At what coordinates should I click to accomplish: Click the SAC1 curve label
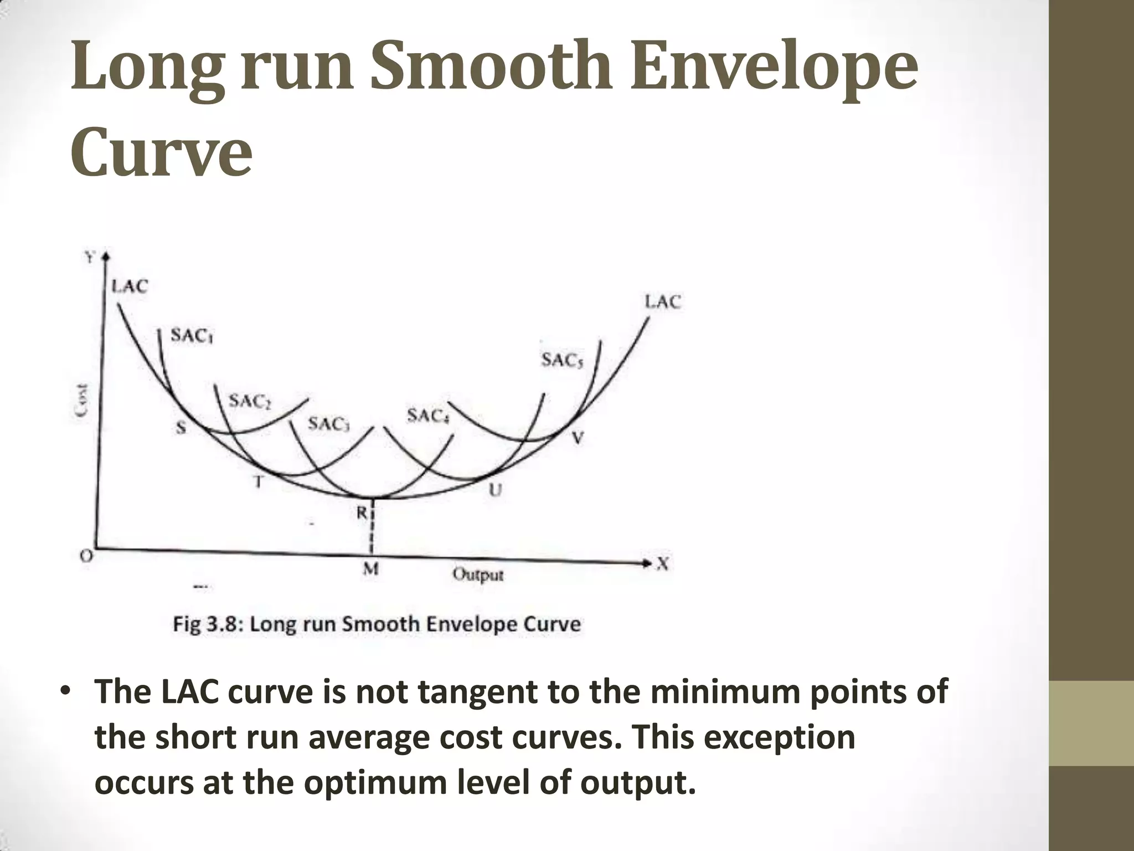coord(192,336)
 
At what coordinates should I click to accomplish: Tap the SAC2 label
coord(250,402)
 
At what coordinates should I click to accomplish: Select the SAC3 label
coord(328,424)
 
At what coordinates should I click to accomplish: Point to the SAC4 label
coord(427,416)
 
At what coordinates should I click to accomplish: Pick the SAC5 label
coord(562,361)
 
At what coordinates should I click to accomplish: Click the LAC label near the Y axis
coord(130,286)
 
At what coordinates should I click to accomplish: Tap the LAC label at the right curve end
coord(663,303)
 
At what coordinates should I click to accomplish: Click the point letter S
coord(181,427)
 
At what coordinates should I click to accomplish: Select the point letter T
coord(257,482)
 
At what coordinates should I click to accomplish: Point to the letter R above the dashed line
coord(361,513)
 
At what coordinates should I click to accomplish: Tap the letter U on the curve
coord(495,490)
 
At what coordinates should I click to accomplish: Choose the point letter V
coord(577,438)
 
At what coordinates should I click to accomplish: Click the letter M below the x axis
coord(370,569)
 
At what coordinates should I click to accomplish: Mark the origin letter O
coord(86,556)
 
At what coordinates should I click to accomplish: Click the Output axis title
coord(478,575)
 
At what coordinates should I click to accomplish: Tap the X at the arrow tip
coord(663,564)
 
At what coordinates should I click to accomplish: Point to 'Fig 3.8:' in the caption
coord(206,624)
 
